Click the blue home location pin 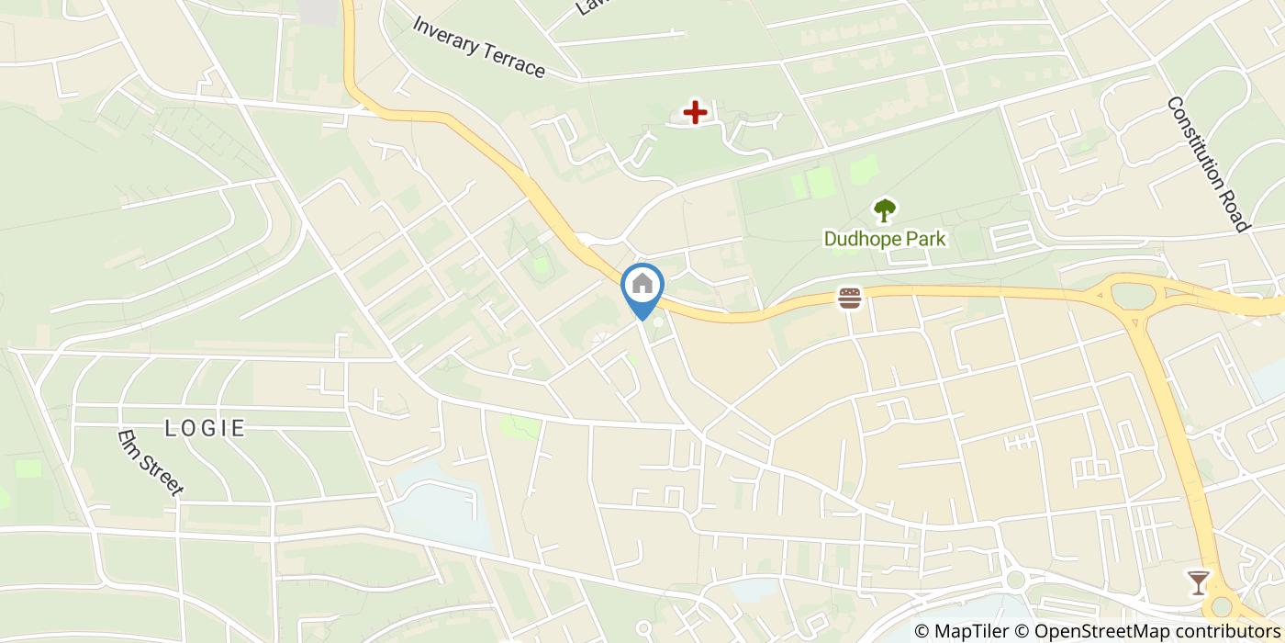click(642, 285)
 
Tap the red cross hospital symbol click(695, 112)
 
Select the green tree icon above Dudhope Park click(884, 210)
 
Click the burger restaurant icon click(850, 298)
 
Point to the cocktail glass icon click(1198, 581)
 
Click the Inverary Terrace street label click(478, 47)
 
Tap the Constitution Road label click(1208, 164)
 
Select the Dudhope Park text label click(884, 240)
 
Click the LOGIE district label click(205, 428)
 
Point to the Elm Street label click(151, 463)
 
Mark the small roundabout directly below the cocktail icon click(1222, 607)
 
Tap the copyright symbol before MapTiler click(922, 631)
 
